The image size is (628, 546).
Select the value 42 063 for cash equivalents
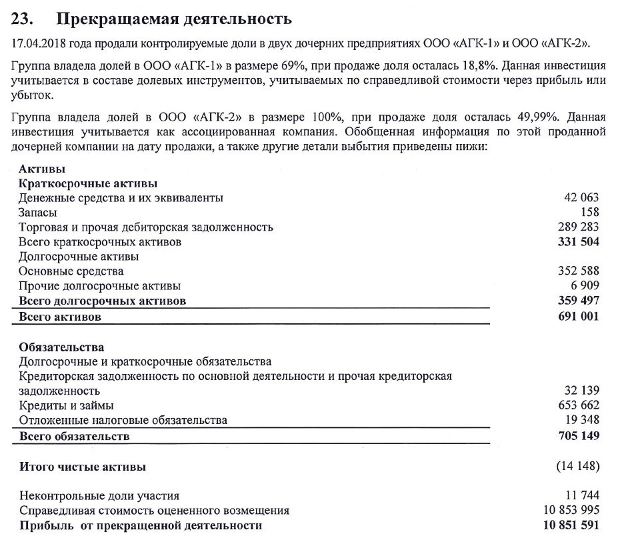click(581, 197)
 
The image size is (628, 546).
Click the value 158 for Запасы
click(589, 212)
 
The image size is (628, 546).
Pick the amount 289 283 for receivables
click(578, 227)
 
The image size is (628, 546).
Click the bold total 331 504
click(578, 241)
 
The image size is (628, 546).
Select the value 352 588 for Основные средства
click(578, 271)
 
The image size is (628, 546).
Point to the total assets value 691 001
click(578, 317)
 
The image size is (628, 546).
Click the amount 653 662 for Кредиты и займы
click(578, 405)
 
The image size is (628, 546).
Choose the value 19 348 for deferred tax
click(581, 420)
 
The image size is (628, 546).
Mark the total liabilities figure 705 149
click(578, 436)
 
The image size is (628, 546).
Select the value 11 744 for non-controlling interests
click(581, 495)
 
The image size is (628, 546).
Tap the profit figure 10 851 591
click(571, 525)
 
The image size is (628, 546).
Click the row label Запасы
click(38, 212)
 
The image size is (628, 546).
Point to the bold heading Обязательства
click(62, 347)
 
